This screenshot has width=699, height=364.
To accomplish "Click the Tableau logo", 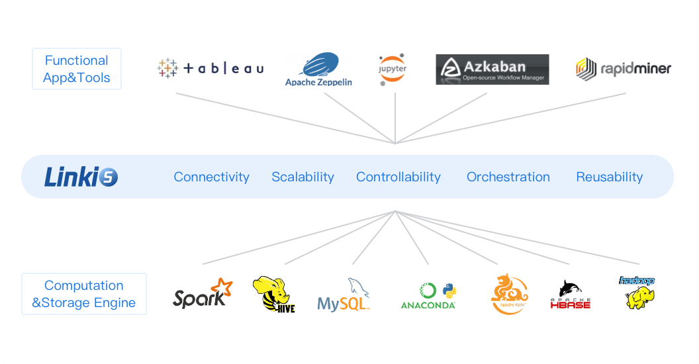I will tap(210, 68).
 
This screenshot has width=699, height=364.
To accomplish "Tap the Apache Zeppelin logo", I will tap(318, 69).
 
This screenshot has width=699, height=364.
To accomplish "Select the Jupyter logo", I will tap(393, 69).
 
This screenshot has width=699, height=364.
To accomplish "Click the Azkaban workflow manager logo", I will tap(492, 69).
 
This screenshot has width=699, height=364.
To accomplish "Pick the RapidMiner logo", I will tap(623, 68).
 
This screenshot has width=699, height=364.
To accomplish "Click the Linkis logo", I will tap(81, 177).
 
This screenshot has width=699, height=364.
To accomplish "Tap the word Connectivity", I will tap(211, 177).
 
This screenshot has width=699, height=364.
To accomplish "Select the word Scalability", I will tap(303, 177).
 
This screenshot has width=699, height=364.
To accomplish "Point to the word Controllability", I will tap(398, 177).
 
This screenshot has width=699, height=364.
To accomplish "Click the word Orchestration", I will tap(508, 177).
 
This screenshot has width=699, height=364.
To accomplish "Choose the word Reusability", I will tap(609, 177).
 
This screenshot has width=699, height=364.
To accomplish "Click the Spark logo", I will tap(203, 294).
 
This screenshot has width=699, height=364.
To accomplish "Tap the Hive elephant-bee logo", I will tap(273, 295).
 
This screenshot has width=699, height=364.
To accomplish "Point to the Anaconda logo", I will tap(429, 296).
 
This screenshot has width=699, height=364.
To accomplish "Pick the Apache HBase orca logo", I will tap(570, 295).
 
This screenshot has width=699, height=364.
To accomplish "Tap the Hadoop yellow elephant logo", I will tap(636, 293).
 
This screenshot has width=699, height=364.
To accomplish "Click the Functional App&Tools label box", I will tap(77, 69).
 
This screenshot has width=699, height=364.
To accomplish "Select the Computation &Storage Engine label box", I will tap(84, 295).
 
